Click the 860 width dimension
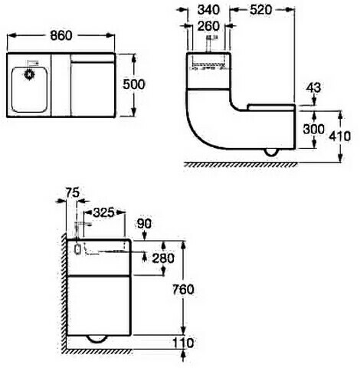(61, 35)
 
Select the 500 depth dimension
(134, 84)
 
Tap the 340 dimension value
(208, 10)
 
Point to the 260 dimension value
(208, 26)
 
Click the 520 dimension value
(261, 10)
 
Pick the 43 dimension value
(313, 87)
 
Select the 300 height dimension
(313, 130)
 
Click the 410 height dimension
(339, 136)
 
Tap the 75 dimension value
(73, 192)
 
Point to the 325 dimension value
(103, 212)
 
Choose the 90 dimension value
(144, 224)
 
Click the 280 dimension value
(163, 258)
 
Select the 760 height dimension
(183, 290)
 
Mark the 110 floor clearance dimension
(183, 343)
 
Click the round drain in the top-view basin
(29, 74)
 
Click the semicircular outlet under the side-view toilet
(271, 153)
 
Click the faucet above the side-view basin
(210, 44)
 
